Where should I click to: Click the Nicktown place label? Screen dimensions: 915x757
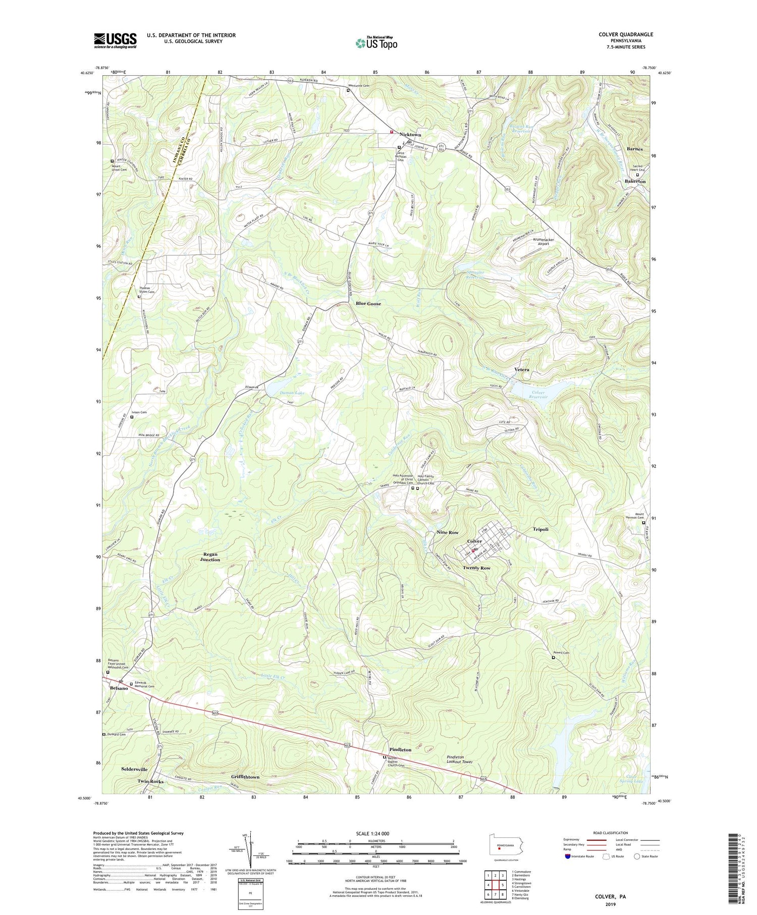pyautogui.click(x=410, y=135)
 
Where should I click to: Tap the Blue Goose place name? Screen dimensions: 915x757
pyautogui.click(x=368, y=304)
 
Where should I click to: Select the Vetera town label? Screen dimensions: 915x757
pyautogui.click(x=522, y=369)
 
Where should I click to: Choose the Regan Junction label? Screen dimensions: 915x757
pyautogui.click(x=210, y=557)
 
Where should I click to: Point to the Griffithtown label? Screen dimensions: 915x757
pyautogui.click(x=245, y=777)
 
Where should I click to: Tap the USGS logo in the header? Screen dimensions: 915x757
pyautogui.click(x=115, y=40)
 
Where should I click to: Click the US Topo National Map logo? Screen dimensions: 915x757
pyautogui.click(x=376, y=43)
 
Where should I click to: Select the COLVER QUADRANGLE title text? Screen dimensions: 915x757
pyautogui.click(x=626, y=34)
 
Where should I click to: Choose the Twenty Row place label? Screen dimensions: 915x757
pyautogui.click(x=476, y=568)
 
